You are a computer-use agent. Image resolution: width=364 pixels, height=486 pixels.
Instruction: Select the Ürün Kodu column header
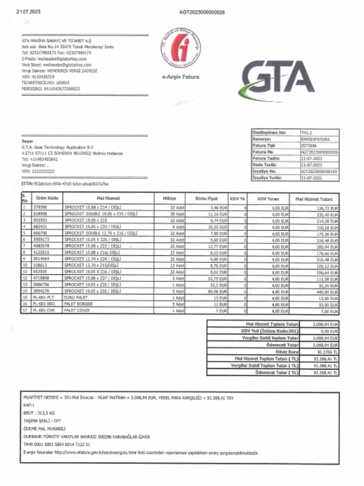click(x=46, y=198)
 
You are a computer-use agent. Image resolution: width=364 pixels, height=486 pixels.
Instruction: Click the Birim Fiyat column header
click(x=206, y=198)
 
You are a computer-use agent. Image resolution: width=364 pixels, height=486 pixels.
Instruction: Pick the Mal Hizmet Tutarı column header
click(x=313, y=199)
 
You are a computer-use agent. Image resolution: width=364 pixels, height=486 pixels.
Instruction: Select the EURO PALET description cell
click(x=76, y=298)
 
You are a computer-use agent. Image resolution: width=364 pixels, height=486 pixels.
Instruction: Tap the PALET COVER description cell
click(x=77, y=310)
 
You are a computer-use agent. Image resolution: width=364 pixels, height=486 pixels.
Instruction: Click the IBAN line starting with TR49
click(x=56, y=444)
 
